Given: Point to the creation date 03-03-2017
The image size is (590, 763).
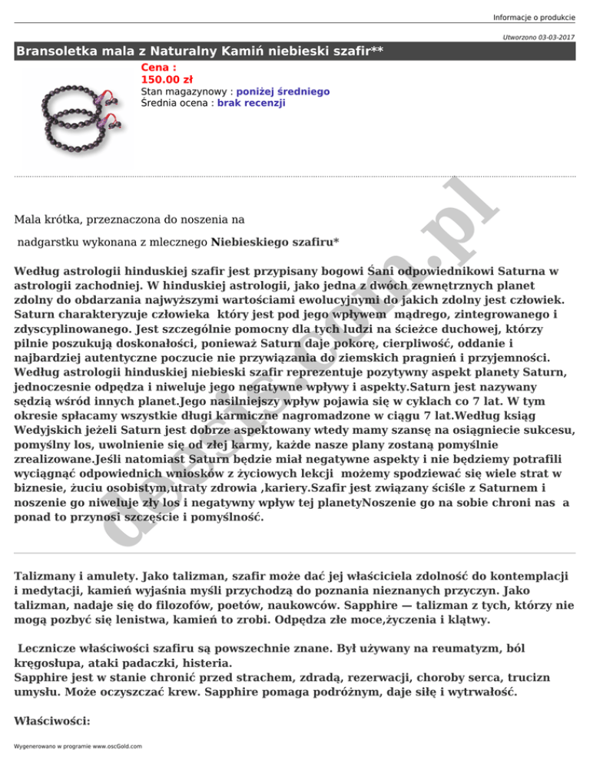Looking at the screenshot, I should tap(549, 37).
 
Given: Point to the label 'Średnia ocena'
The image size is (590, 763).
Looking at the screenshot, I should tap(176, 102).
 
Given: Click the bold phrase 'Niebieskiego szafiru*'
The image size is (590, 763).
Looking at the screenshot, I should tap(275, 243).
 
